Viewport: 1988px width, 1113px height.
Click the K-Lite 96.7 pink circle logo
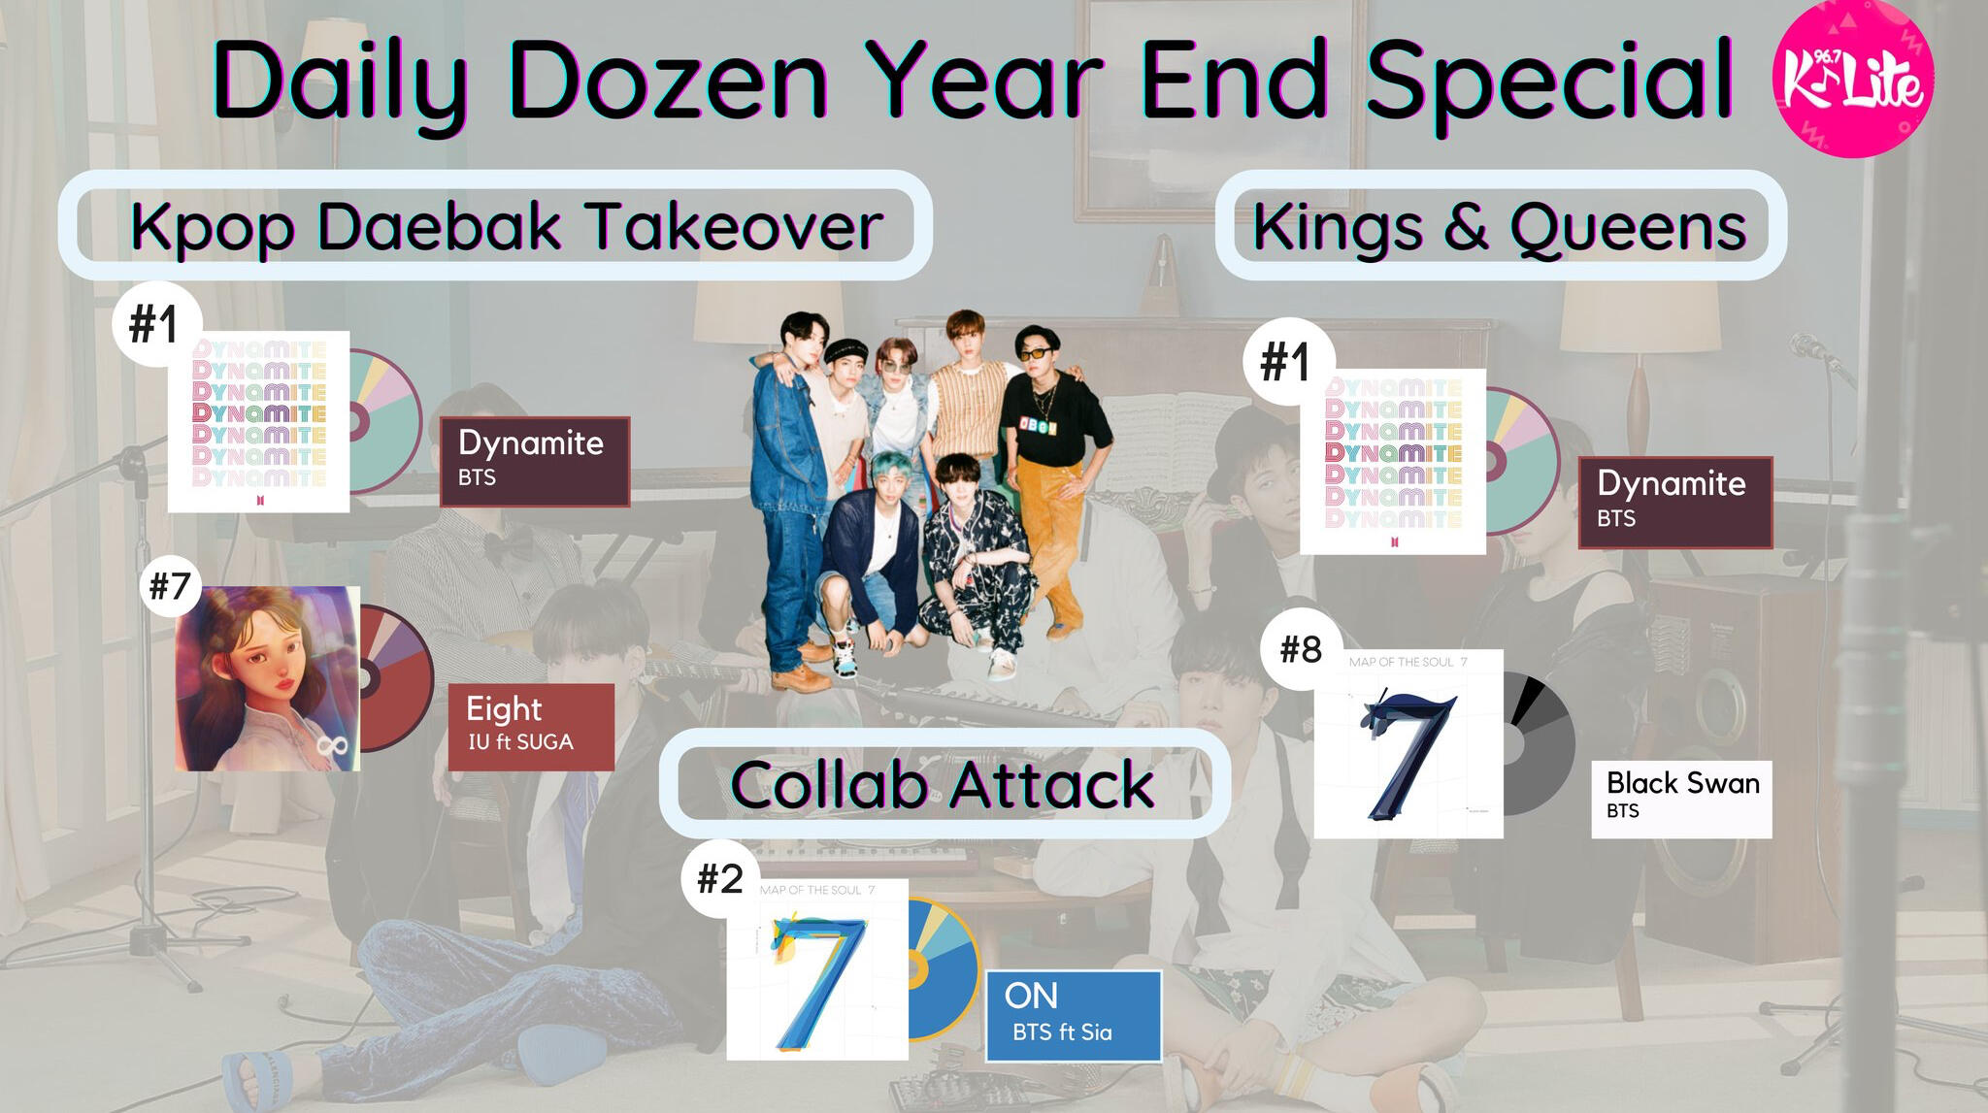[x=1852, y=78]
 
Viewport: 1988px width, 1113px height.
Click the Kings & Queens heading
[x=1501, y=225]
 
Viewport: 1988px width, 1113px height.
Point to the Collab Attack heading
[x=944, y=783]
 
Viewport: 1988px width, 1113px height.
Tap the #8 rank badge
[x=1301, y=648]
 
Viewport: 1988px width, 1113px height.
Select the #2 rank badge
[x=720, y=879]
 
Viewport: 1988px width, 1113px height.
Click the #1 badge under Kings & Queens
[x=1285, y=362]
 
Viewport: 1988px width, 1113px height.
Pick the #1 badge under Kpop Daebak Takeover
[x=154, y=323]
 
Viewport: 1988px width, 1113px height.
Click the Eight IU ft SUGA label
[x=531, y=727]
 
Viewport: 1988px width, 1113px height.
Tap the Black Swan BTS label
[x=1681, y=799]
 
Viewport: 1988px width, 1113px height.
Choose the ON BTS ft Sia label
[x=1073, y=1016]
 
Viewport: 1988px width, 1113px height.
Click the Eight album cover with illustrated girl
[x=268, y=678]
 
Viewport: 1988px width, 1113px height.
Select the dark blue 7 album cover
[x=1408, y=744]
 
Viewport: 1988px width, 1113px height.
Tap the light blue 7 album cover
[x=817, y=969]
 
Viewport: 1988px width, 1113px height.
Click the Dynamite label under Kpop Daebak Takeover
[x=535, y=462]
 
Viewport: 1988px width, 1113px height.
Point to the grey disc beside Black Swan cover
[x=1539, y=744]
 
